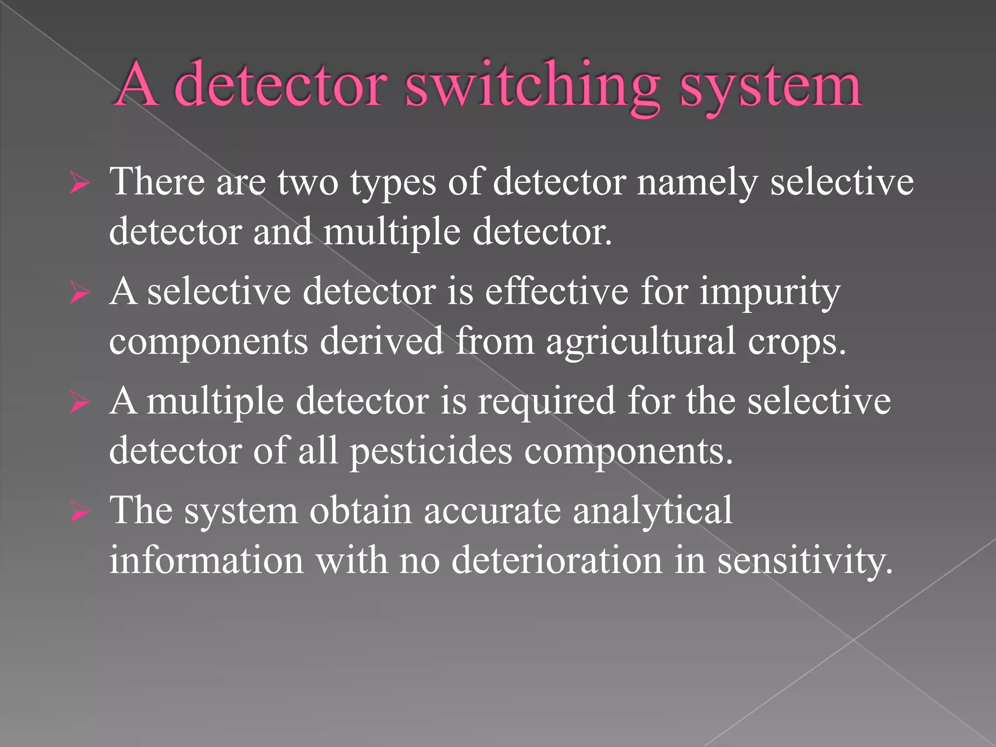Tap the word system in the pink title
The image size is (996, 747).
click(770, 86)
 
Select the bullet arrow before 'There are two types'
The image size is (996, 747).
click(79, 184)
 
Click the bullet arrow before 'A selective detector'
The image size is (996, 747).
click(79, 294)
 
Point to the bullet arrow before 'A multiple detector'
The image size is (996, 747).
click(79, 403)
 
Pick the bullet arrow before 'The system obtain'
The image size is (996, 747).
click(79, 513)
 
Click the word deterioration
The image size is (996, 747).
click(557, 561)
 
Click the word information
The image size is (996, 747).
click(206, 561)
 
